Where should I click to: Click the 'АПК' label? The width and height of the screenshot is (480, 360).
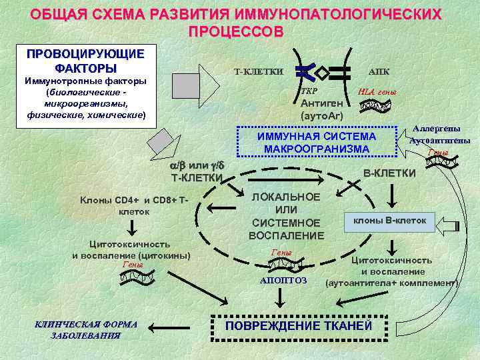379,71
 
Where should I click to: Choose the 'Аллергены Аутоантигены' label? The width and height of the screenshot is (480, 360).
439,135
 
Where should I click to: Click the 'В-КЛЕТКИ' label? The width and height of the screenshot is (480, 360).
389,173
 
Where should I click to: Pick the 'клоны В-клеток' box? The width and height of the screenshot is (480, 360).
389,220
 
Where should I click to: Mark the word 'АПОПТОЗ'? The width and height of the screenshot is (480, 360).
283,281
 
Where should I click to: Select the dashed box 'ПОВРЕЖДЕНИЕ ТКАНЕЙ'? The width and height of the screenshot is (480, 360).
298,326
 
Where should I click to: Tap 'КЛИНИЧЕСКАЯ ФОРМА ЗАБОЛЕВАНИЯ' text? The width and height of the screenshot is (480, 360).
85,329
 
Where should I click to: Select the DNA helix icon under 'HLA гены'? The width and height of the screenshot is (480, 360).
378,105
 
